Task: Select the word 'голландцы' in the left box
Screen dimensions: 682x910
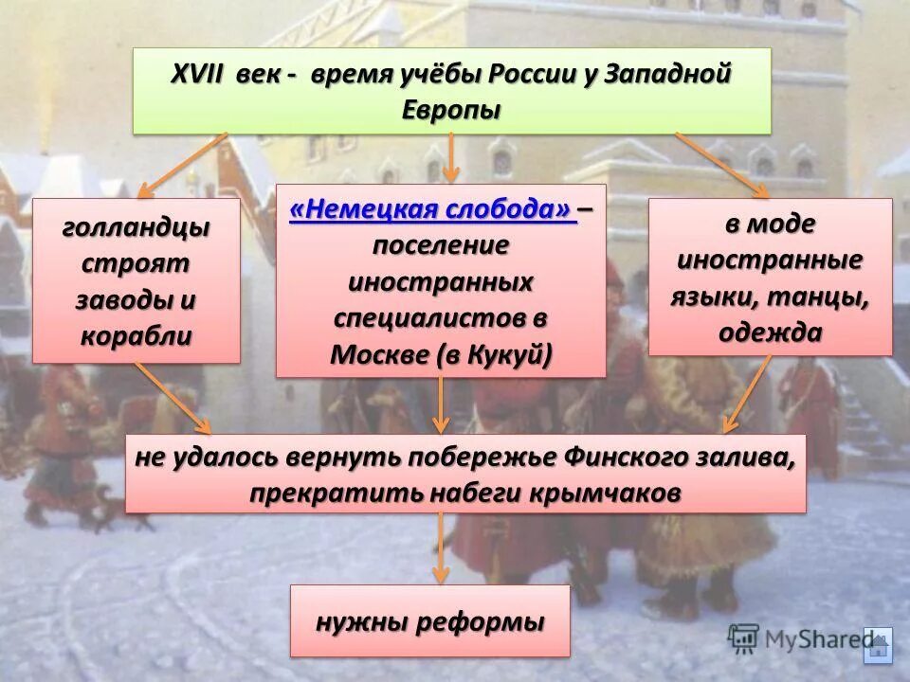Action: click(x=136, y=227)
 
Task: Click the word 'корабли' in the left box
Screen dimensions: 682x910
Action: click(x=136, y=335)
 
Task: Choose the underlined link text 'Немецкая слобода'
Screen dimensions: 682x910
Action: click(x=433, y=210)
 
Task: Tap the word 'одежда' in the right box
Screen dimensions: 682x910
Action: click(x=770, y=332)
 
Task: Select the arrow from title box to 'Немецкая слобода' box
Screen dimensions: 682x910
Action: click(x=451, y=157)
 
